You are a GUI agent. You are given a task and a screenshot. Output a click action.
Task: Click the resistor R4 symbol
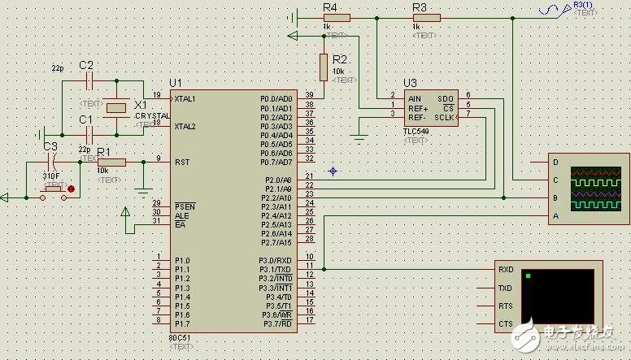click(336, 17)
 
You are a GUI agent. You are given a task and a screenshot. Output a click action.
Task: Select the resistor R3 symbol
click(425, 17)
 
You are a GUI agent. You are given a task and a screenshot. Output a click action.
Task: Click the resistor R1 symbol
click(112, 162)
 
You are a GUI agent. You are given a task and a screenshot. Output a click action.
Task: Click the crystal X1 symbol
click(119, 106)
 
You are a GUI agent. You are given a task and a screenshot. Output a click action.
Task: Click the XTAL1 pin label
click(185, 98)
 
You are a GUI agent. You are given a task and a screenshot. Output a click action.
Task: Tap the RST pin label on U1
click(181, 162)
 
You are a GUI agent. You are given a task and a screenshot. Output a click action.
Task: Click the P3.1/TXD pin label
click(275, 269)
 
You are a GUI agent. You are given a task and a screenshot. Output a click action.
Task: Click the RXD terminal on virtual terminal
click(505, 269)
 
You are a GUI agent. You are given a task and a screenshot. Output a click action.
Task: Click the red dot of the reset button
click(72, 189)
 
